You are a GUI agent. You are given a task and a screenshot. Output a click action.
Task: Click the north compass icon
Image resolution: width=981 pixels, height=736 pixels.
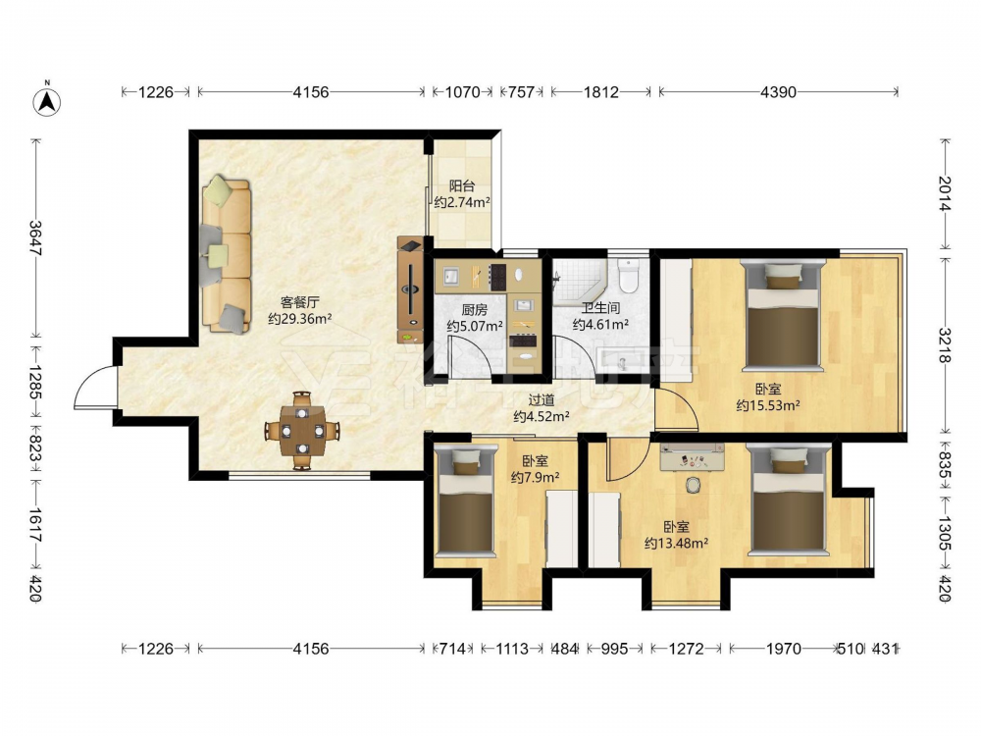46,100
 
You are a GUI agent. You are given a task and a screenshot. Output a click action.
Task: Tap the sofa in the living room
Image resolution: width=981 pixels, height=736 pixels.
226,255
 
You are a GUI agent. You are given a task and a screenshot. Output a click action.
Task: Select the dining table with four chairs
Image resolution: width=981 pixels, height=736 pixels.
302,431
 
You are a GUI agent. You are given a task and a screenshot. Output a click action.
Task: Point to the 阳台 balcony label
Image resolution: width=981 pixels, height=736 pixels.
462,185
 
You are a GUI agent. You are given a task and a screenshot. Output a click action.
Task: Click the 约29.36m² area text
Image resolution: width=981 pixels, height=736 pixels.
299,319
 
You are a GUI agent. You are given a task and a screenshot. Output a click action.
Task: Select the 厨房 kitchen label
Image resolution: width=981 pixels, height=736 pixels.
474,310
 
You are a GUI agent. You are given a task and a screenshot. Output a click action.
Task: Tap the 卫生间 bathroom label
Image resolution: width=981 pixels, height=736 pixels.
600,308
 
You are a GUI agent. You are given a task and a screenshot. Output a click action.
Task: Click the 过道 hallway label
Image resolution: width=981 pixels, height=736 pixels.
542,400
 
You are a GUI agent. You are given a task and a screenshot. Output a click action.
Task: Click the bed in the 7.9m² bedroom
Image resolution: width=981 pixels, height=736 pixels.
465,499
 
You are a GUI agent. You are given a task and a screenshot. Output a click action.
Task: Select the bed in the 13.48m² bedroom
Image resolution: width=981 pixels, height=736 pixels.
790,499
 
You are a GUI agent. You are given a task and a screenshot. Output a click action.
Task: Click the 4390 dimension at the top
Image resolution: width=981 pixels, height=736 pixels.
778,92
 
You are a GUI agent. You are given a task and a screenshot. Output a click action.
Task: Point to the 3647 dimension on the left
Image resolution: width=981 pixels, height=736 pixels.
35,237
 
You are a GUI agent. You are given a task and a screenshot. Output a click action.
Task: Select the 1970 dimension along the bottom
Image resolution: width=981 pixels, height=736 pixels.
783,649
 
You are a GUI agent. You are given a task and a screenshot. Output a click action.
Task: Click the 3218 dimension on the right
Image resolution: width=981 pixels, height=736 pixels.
945,344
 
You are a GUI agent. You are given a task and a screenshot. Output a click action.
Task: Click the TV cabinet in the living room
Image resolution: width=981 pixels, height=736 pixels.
410,289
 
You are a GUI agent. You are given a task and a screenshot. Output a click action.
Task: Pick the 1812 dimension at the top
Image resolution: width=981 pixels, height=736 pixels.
600,92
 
